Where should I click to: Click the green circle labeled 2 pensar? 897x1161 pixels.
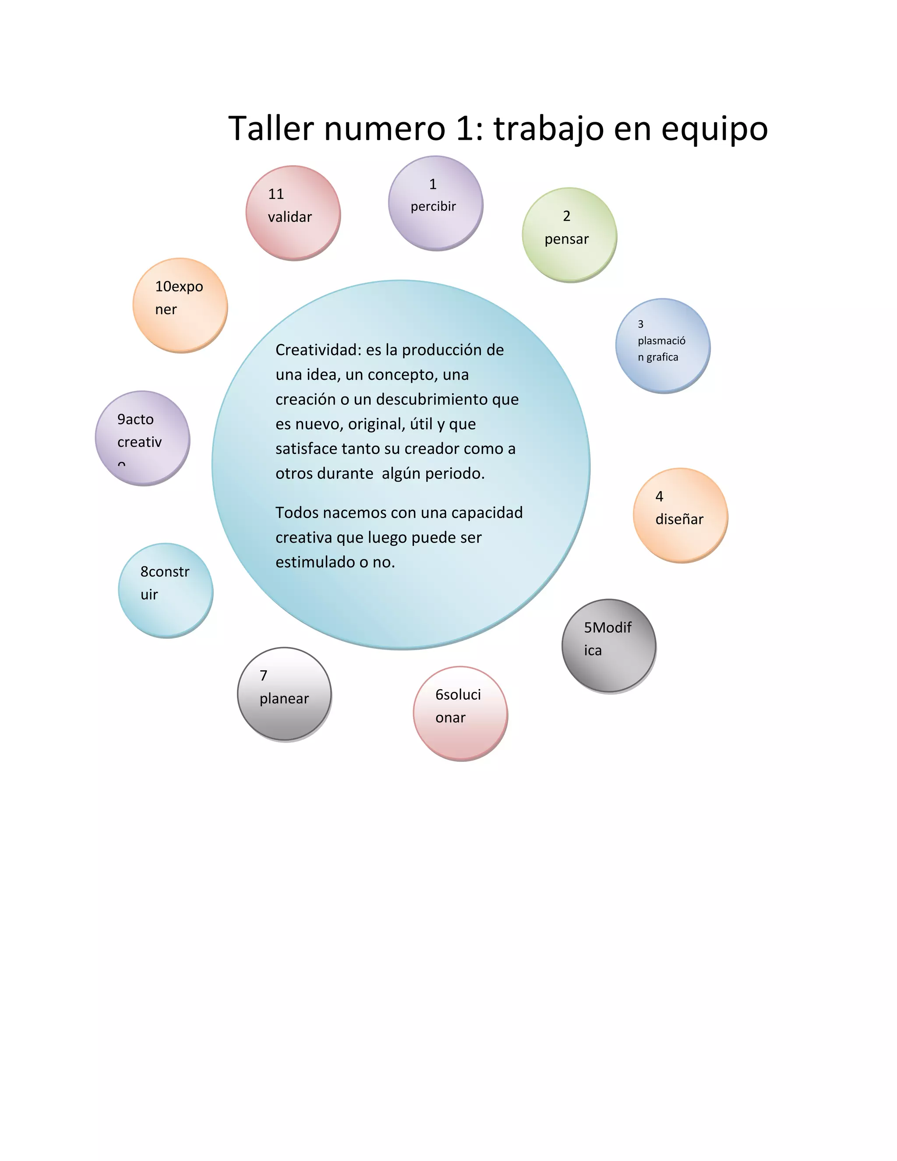click(x=569, y=234)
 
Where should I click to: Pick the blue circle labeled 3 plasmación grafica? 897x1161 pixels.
click(x=663, y=346)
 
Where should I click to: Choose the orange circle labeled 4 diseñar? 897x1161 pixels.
click(x=680, y=515)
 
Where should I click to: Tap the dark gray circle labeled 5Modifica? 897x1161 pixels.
click(x=609, y=645)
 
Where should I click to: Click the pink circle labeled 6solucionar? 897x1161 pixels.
click(x=460, y=713)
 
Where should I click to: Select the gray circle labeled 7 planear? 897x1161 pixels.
click(x=284, y=694)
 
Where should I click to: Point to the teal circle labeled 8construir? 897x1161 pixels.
click(x=165, y=590)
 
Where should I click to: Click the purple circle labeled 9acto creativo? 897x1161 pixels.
click(x=142, y=438)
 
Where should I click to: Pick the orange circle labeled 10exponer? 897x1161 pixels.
click(x=180, y=305)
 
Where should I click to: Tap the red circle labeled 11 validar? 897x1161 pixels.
click(x=293, y=212)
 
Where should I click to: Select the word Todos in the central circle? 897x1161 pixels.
click(x=297, y=513)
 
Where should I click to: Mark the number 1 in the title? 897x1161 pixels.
click(x=465, y=129)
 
